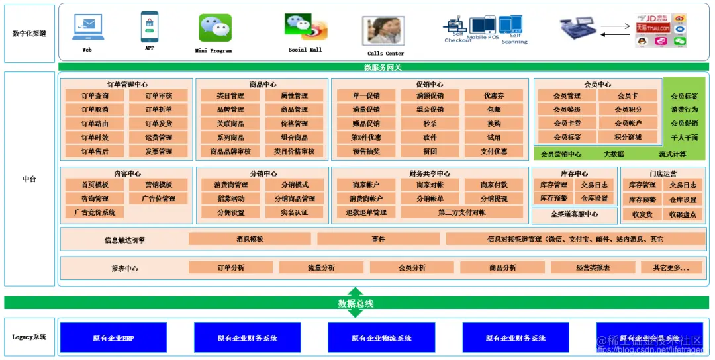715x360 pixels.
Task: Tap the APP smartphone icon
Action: (149, 27)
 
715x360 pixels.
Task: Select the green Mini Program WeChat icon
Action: (215, 28)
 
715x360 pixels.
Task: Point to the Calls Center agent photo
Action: (383, 32)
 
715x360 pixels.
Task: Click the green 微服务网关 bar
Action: (383, 67)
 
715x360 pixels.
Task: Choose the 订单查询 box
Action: (95, 96)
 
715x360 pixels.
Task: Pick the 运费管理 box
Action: (159, 138)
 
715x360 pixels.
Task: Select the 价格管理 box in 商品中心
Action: (294, 124)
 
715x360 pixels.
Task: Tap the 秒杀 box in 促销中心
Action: (430, 124)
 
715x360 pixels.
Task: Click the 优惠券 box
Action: (494, 96)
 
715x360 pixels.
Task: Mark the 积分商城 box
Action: (628, 138)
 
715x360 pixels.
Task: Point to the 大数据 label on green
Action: (614, 154)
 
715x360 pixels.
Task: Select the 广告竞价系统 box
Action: (95, 212)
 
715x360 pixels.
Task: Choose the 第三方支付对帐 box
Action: (461, 212)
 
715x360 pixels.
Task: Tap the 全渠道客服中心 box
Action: (574, 214)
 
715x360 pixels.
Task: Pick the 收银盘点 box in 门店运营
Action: (683, 214)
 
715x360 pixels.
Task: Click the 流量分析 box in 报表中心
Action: (321, 267)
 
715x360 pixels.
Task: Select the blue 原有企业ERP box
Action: (113, 338)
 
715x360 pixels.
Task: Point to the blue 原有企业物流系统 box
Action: (381, 338)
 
